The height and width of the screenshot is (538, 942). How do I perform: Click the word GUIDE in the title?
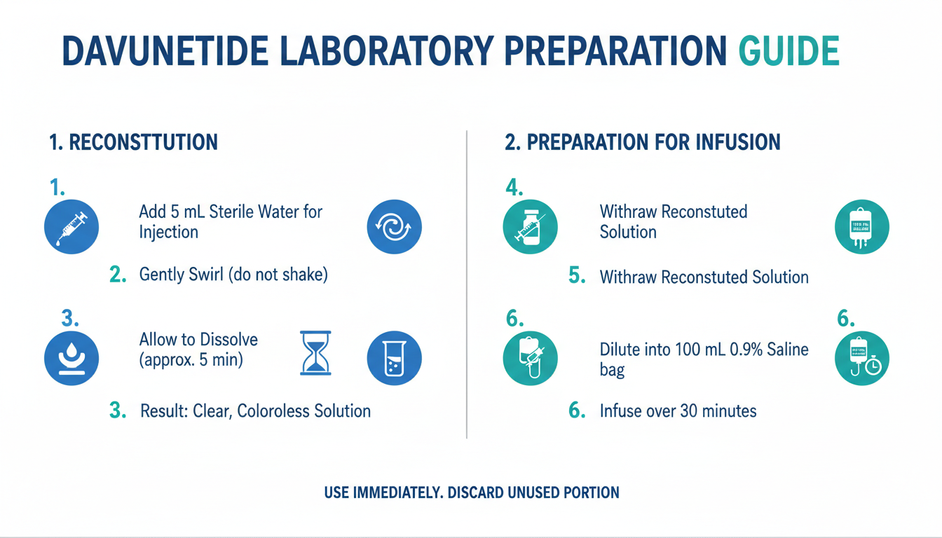[789, 51]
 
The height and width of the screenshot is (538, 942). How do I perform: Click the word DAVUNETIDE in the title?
[165, 51]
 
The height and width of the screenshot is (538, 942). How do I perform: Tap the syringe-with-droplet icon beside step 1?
[71, 226]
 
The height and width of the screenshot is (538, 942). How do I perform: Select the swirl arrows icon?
[394, 226]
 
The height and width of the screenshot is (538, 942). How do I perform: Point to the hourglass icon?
[315, 352]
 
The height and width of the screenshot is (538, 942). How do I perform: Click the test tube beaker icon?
[394, 358]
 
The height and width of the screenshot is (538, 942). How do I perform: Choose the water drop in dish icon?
[71, 358]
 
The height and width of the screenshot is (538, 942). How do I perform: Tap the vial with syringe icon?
[531, 226]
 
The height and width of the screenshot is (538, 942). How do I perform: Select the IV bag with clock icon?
[861, 358]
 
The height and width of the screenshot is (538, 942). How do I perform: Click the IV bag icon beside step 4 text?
[861, 226]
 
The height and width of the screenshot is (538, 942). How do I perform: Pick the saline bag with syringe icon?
[531, 358]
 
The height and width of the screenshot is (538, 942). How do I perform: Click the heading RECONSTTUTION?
[144, 142]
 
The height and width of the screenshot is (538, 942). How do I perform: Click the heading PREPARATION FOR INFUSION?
[653, 142]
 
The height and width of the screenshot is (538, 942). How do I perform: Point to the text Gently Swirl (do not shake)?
[233, 275]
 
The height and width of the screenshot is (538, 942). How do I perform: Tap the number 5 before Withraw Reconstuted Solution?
[577, 276]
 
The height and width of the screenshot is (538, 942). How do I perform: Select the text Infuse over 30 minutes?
[678, 411]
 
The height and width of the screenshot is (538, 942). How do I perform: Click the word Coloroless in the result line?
[273, 411]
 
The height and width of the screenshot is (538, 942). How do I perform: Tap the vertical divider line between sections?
[467, 284]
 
